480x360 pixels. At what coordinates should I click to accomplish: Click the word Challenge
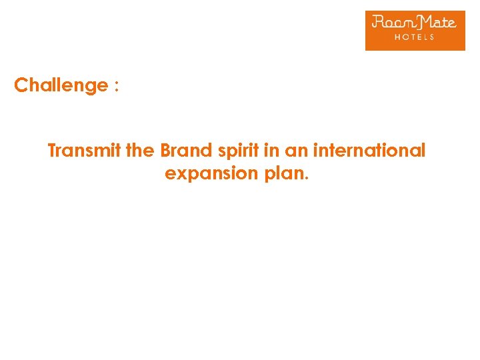61,86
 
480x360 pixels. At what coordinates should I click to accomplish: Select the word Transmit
85,151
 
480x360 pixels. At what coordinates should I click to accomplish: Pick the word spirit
235,151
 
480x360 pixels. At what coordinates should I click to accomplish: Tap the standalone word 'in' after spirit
271,151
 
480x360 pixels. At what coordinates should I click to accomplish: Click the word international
369,151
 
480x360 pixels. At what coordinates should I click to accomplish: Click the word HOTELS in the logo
414,37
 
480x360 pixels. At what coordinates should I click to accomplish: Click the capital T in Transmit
53,151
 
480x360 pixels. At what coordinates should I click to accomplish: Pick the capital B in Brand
166,151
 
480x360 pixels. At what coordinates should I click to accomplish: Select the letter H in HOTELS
398,37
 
